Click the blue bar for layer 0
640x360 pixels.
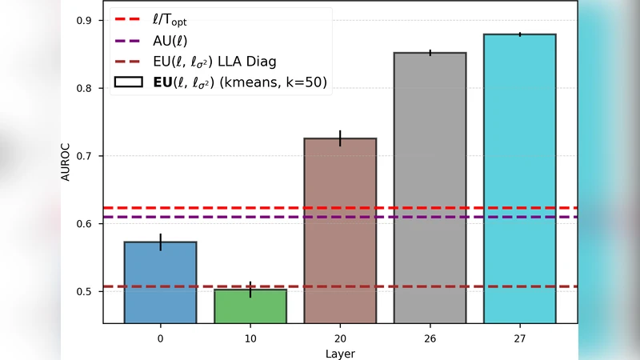(160, 282)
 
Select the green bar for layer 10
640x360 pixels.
(250, 306)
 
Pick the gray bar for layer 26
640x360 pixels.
(430, 187)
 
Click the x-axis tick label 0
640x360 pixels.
(160, 338)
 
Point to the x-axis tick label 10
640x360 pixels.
(250, 338)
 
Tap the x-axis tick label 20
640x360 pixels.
(340, 338)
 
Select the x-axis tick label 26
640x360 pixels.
(430, 338)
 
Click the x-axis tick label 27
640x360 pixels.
(520, 338)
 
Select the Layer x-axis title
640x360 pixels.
(340, 353)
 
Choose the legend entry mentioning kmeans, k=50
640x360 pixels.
(239, 82)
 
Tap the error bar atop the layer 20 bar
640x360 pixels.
(340, 138)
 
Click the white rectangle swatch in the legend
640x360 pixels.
(128, 82)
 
